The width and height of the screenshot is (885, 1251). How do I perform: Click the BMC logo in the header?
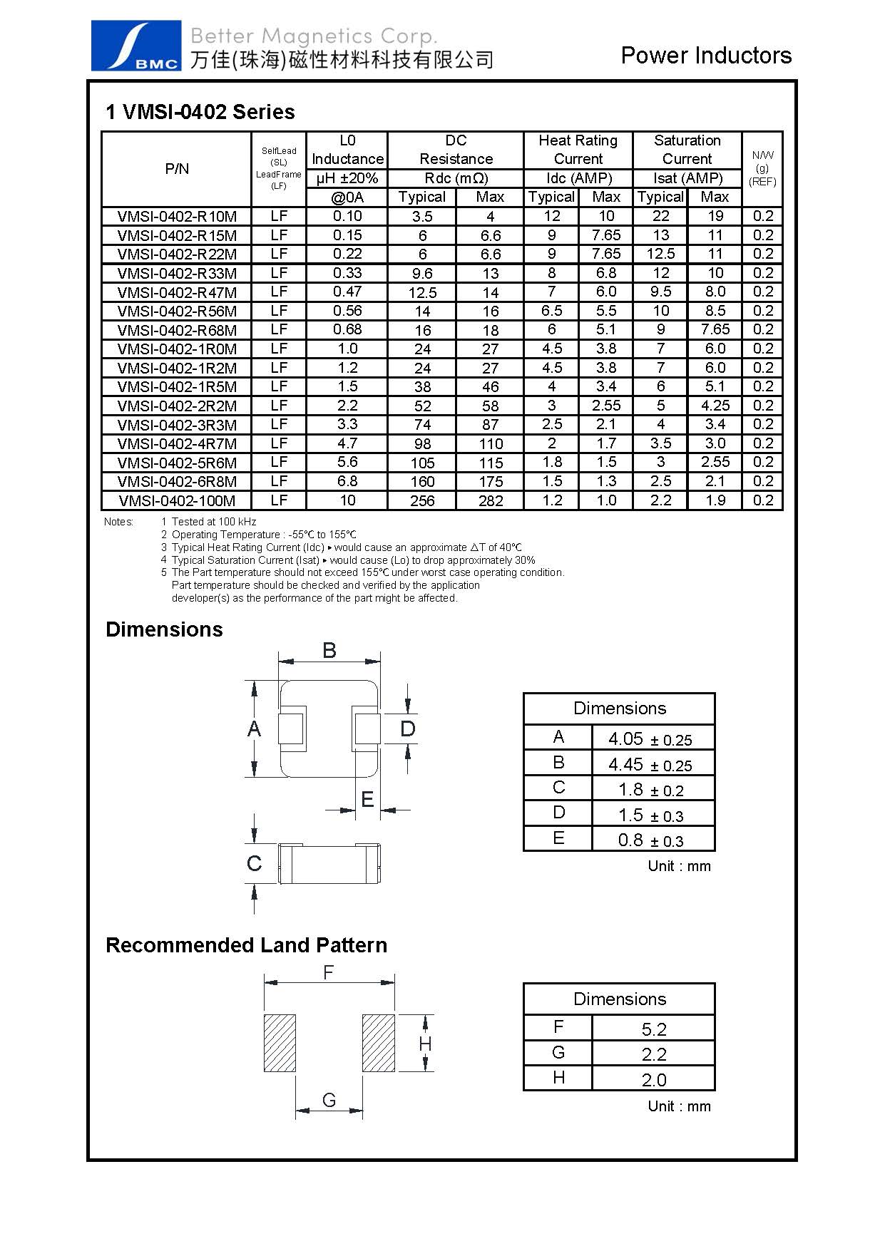coord(135,46)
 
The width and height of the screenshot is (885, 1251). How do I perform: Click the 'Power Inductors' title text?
coord(706,56)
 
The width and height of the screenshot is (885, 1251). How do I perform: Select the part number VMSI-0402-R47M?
coord(177,292)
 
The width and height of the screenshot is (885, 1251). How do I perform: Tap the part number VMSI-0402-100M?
coord(177,500)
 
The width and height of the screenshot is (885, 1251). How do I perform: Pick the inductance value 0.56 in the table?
coord(347,311)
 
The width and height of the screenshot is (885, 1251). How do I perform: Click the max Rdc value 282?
coord(491,500)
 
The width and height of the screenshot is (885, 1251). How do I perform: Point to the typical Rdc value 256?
coord(422,500)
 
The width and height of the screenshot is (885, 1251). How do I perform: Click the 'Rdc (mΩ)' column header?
coord(456,178)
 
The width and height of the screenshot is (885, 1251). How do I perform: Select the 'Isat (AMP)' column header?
coord(687,178)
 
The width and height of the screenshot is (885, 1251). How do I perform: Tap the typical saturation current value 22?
coord(660,216)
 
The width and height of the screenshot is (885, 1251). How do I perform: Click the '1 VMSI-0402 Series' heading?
coord(200,112)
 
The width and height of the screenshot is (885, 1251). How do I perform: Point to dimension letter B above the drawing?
coord(329,650)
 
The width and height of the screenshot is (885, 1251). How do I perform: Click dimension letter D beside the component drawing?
coord(407,729)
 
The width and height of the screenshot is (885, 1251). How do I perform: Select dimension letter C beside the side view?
coord(254,863)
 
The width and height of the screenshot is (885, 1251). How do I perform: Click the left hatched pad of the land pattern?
coord(280,1042)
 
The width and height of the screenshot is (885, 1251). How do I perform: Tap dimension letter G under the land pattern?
coord(329,1100)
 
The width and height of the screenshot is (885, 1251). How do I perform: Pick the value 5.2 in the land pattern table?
coord(653,1029)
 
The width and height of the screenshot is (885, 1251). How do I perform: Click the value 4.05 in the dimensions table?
coord(625,738)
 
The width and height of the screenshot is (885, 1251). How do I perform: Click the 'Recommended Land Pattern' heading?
coord(246,945)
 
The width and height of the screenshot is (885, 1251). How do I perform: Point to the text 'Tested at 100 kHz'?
coord(213,522)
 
